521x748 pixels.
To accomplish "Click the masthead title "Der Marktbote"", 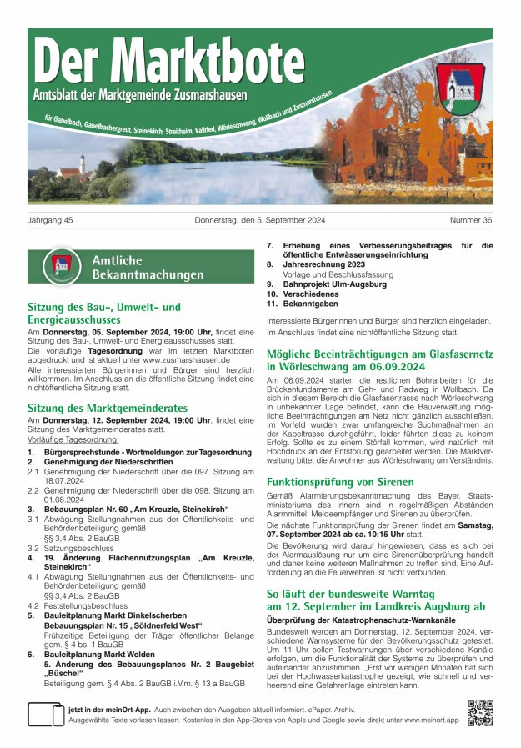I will [x=169, y=63].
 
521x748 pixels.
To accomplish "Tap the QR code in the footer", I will [x=480, y=714].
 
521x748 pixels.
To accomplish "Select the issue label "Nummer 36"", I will [x=471, y=220].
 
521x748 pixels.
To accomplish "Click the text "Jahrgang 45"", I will [x=51, y=220].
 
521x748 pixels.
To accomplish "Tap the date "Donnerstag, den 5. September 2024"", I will [x=261, y=220].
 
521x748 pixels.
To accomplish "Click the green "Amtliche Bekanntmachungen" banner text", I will [x=148, y=267].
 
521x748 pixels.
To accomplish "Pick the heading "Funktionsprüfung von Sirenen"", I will [x=339, y=482].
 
